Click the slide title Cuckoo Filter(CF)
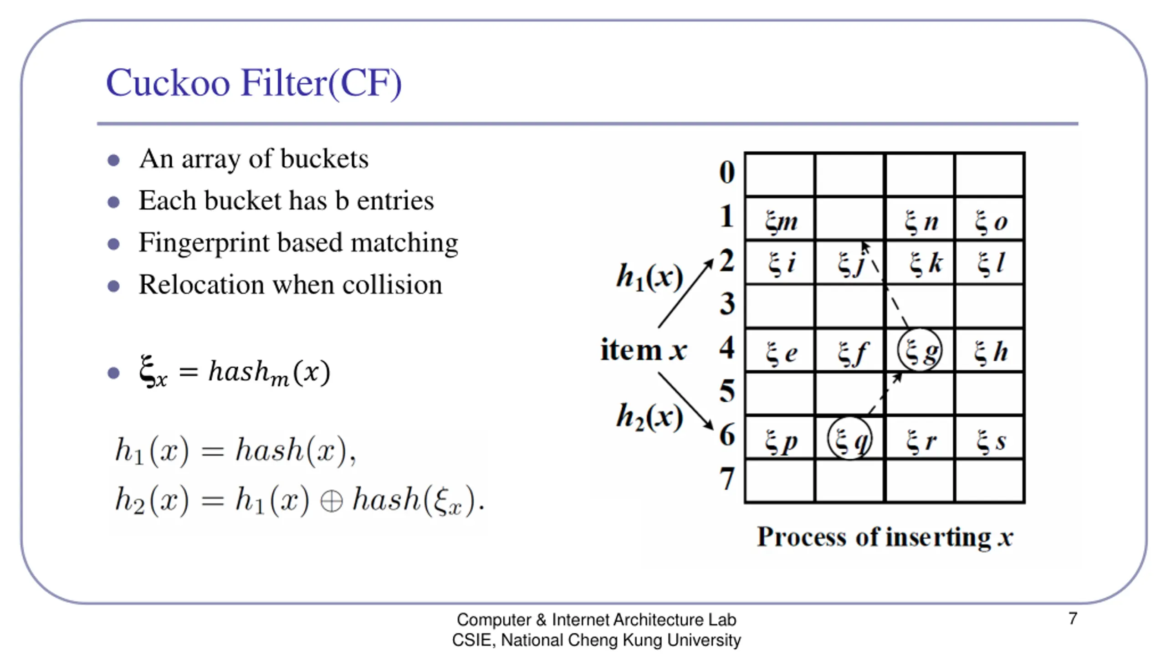tap(254, 83)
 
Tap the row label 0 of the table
tap(727, 173)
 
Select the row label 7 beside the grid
tap(727, 479)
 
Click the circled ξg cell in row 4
tap(920, 351)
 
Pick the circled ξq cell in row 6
tap(849, 439)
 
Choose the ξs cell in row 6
tap(990, 441)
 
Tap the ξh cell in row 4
tap(990, 352)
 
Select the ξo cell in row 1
tap(990, 222)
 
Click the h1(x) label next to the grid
tap(649, 277)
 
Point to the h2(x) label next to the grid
tap(649, 417)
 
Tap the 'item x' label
tap(643, 350)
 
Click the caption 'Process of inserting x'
tap(885, 537)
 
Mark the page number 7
tap(1073, 619)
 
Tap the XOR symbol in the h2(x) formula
tap(331, 502)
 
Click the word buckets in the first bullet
tap(324, 159)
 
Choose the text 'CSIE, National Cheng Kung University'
tap(596, 640)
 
